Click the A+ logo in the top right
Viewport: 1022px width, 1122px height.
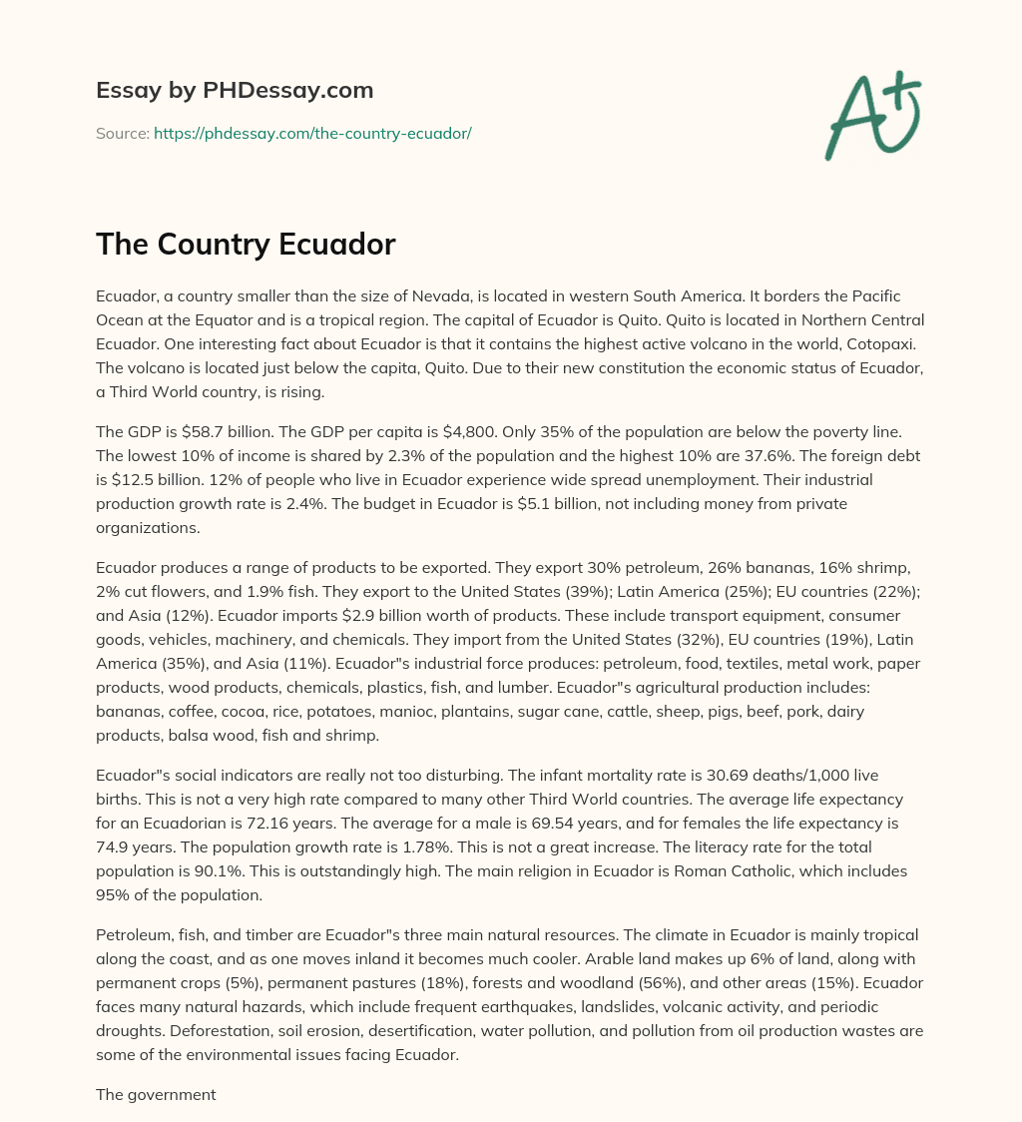872,115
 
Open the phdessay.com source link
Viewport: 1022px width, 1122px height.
312,133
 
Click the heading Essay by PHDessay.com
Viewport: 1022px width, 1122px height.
235,91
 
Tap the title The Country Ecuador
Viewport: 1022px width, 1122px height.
246,246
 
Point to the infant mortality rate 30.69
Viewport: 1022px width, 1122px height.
741,776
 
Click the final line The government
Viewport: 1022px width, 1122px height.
156,1095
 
